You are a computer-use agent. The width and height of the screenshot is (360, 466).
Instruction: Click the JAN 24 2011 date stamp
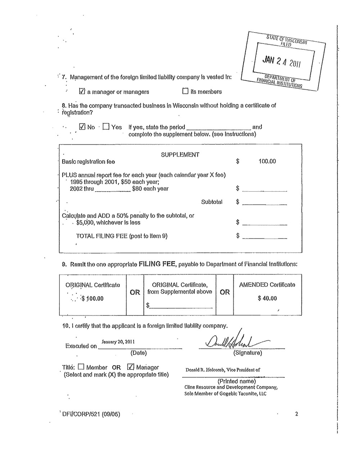point(282,62)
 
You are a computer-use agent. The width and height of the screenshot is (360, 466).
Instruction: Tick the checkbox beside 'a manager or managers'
point(82,91)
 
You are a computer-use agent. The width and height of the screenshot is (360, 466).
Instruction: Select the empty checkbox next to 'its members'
point(185,91)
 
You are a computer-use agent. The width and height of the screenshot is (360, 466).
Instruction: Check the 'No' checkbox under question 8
point(82,127)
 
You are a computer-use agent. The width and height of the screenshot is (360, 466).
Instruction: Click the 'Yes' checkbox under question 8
point(106,127)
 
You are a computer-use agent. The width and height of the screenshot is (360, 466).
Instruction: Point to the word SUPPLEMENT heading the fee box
point(180,154)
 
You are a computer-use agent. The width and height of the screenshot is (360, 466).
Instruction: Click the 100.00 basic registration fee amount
point(267,161)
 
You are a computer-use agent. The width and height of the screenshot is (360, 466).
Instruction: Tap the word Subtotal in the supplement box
point(212,202)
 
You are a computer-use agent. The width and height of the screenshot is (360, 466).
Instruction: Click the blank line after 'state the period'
point(219,128)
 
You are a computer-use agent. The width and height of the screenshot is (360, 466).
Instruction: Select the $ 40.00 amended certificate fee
point(267,298)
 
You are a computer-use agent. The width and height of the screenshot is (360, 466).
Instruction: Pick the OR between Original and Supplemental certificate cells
point(135,292)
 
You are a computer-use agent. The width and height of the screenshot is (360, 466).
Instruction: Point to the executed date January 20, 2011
point(118,341)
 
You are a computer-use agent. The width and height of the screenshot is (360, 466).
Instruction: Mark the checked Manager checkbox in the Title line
point(131,367)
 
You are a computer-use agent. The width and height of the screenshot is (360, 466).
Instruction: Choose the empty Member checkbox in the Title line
point(81,367)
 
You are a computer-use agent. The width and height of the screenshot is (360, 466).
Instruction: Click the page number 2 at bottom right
point(297,414)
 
